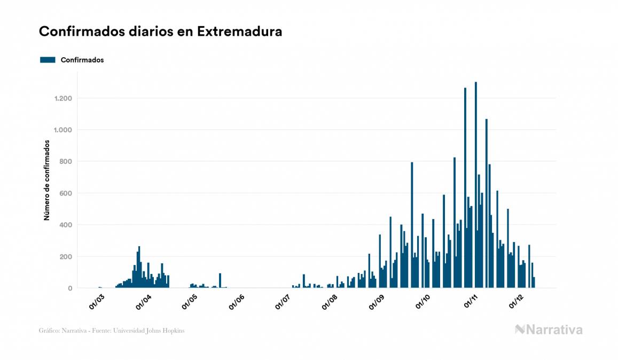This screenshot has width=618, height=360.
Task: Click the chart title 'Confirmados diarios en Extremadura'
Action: (x=160, y=32)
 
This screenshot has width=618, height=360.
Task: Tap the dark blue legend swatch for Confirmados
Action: (x=48, y=60)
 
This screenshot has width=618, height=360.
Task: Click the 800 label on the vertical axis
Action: (x=66, y=161)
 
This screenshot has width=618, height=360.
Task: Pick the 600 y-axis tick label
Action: (x=66, y=193)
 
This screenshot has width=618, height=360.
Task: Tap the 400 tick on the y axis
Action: (x=66, y=225)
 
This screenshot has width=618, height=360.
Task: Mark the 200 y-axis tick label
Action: (x=66, y=256)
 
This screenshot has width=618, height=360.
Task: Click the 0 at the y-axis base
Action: (x=70, y=288)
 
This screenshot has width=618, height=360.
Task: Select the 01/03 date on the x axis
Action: (x=97, y=302)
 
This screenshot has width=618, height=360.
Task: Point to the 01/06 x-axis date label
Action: (x=237, y=302)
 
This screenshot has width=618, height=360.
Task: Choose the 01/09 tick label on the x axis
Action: (x=376, y=302)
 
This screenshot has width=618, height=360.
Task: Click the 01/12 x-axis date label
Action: (x=516, y=302)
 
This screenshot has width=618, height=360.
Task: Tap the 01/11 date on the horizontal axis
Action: (x=471, y=302)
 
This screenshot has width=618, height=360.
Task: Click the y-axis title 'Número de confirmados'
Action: (x=47, y=180)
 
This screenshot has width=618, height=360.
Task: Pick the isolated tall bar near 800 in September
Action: (x=412, y=225)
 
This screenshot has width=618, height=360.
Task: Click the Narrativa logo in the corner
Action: (x=549, y=330)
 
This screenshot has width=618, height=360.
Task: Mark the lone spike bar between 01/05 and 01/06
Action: (x=220, y=281)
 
